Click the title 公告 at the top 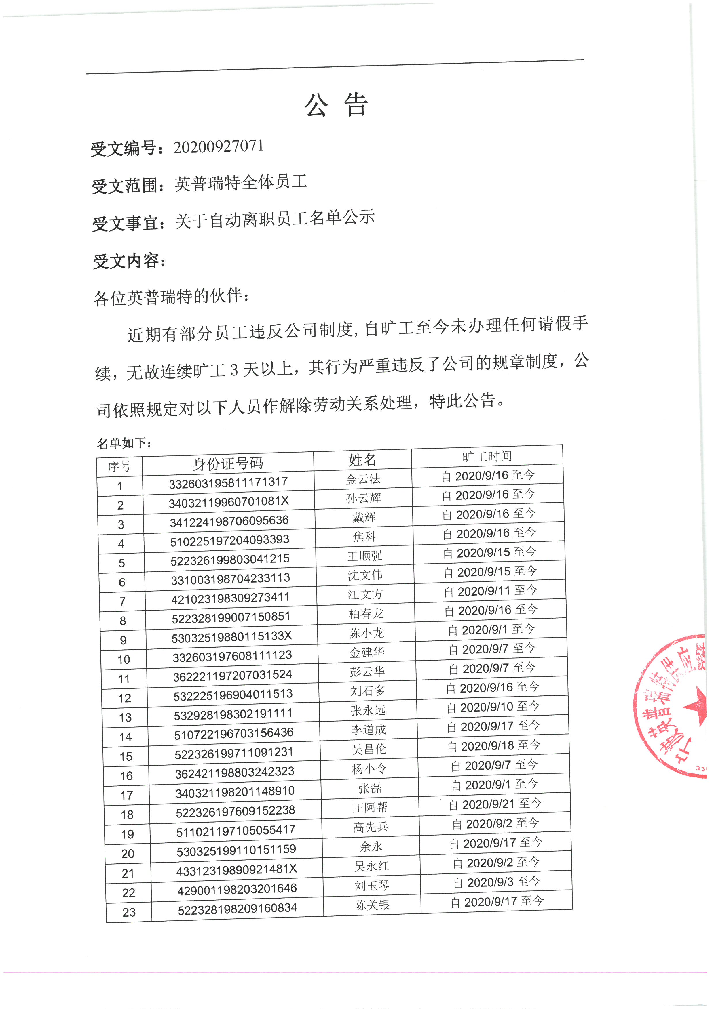click(336, 105)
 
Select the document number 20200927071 click(219, 147)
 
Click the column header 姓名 click(362, 460)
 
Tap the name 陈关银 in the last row click(372, 905)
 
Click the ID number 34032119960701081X click(229, 501)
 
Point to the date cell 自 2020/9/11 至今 click(490, 591)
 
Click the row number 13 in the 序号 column click(125, 718)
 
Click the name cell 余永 click(371, 846)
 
